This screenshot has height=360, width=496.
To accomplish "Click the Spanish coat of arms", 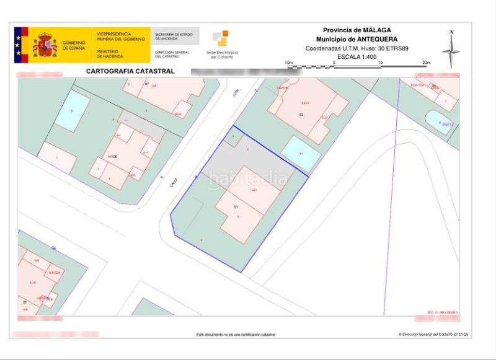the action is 44,45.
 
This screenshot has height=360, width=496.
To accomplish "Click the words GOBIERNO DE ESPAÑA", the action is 74,45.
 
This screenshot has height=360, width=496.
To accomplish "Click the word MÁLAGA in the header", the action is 377,30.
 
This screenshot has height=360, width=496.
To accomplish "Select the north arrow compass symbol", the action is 451,50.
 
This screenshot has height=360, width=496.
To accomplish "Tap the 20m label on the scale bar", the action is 425,63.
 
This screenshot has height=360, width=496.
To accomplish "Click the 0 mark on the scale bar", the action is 334,63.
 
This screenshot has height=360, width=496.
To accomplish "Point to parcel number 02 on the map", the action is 301,115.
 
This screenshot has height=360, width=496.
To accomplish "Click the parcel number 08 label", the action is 115,157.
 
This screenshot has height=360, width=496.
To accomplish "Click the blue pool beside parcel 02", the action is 301,152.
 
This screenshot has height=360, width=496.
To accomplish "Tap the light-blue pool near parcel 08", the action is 72,111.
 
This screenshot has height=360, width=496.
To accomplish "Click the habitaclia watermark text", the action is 248,179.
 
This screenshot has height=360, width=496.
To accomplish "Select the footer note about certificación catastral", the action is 236,335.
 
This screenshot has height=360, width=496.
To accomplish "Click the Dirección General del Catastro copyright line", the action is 433,335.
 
